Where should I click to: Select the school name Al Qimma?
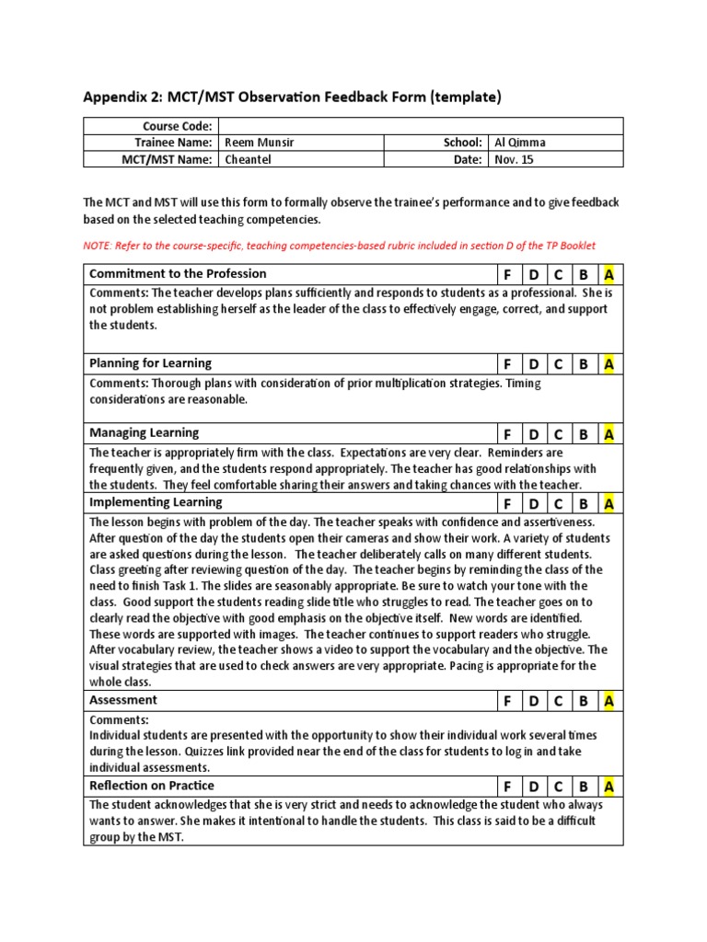click(x=521, y=143)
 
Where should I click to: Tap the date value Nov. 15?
click(x=514, y=159)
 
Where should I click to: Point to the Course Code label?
click(x=177, y=126)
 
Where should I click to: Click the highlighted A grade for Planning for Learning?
click(x=608, y=364)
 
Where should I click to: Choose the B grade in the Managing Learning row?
click(x=583, y=434)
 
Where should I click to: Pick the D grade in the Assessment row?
click(x=532, y=701)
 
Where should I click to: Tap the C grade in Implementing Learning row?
click(x=558, y=504)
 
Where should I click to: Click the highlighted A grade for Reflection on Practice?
click(x=608, y=787)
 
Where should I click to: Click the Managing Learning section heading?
click(x=144, y=432)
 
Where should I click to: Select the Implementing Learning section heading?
click(x=156, y=502)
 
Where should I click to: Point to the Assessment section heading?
click(x=123, y=700)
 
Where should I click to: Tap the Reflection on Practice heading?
click(x=152, y=786)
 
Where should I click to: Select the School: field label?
click(x=463, y=143)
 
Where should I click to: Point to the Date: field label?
click(x=468, y=159)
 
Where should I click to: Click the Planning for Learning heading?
click(x=150, y=362)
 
